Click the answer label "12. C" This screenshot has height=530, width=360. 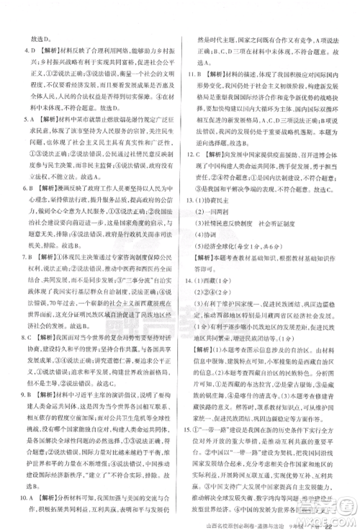(194, 174)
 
